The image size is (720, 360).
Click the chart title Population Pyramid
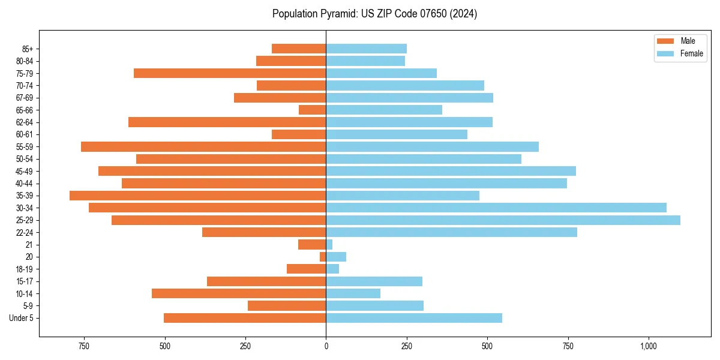click(x=374, y=14)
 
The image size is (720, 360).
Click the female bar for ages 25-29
click(x=503, y=220)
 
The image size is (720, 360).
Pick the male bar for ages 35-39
click(x=198, y=196)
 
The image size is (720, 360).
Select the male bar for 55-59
click(x=203, y=147)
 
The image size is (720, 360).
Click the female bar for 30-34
click(x=496, y=208)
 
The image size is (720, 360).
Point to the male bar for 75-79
click(x=230, y=73)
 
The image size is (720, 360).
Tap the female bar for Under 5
click(x=414, y=318)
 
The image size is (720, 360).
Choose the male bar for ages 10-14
click(x=239, y=293)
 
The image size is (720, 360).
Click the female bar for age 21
click(x=329, y=245)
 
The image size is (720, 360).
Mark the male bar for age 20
click(x=323, y=257)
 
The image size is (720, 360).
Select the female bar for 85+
click(x=367, y=49)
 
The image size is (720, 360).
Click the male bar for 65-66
click(x=313, y=110)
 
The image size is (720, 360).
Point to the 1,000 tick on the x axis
click(x=649, y=346)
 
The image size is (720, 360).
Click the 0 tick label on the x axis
click(x=326, y=346)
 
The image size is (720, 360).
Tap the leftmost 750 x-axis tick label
click(x=84, y=346)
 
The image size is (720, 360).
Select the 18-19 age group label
click(x=25, y=269)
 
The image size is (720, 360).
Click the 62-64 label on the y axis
click(x=25, y=122)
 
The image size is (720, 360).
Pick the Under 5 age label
click(x=22, y=318)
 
